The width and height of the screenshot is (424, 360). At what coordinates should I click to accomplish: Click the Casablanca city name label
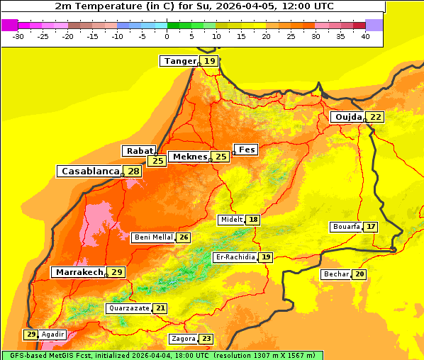point(89,171)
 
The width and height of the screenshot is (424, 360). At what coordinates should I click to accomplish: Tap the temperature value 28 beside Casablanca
point(133,171)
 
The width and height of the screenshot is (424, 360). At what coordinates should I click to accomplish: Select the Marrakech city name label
point(79,272)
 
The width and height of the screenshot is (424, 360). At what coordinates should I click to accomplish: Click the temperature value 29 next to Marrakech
point(117,272)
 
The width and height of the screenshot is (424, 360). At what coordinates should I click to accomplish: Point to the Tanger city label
point(179,61)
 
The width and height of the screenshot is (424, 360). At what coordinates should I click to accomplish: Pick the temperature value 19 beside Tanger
point(210,61)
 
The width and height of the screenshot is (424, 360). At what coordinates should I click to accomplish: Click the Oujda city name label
point(348,117)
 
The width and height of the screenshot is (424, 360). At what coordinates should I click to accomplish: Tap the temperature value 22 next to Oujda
point(375,117)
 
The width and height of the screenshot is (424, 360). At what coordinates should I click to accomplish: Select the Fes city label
point(247,150)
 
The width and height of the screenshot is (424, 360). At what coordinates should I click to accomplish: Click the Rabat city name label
point(139,151)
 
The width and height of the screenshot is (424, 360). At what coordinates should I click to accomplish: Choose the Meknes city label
point(189,157)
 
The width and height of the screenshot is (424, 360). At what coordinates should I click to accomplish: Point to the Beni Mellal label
point(152,237)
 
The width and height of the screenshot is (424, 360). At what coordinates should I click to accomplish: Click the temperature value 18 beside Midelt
point(253,220)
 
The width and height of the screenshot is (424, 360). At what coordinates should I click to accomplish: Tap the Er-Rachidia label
point(235,257)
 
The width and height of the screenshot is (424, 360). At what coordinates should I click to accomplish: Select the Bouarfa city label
point(345,227)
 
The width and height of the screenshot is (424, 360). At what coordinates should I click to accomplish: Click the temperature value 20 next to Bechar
point(359,274)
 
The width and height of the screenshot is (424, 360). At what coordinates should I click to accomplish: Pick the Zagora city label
point(182,339)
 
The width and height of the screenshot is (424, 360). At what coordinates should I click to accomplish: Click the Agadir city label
point(53,334)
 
